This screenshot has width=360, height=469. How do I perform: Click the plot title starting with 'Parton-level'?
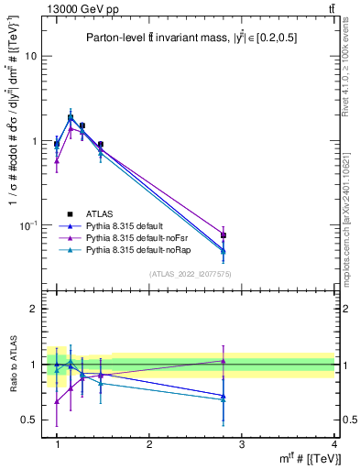pos(190,38)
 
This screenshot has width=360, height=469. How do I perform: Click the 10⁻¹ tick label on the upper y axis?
pos(28,225)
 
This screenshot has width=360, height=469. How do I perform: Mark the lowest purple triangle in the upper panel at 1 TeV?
pos(57,161)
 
